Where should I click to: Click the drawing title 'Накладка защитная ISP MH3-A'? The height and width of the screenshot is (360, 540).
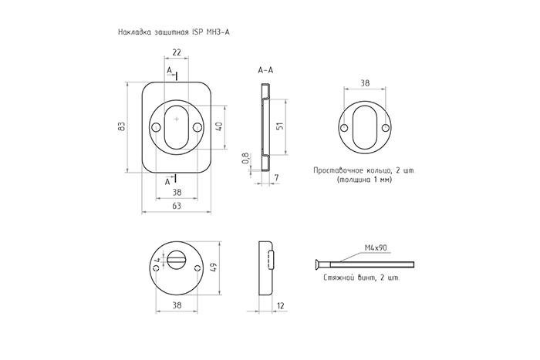[x=174, y=32]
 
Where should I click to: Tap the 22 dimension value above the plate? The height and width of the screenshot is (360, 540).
[x=177, y=52]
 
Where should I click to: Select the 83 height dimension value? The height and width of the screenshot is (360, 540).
[x=121, y=126]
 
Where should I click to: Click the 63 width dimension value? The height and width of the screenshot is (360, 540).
[x=177, y=206]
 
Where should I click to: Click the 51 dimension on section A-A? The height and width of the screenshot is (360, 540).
[x=280, y=126]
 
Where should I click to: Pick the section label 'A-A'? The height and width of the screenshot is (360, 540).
[x=265, y=70]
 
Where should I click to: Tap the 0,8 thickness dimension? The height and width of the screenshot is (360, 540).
[x=245, y=157]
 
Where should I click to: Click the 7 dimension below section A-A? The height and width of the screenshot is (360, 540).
[x=276, y=178]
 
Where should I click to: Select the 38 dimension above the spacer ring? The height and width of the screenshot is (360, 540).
[x=365, y=83]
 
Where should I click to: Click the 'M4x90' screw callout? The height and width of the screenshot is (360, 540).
[x=376, y=247]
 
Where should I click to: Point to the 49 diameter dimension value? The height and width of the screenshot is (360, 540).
[x=213, y=267]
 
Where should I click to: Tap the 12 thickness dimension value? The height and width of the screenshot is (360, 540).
[x=281, y=305]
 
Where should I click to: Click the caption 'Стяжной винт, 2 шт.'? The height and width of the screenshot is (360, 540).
[x=362, y=278]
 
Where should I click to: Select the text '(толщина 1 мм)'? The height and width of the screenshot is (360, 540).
[x=365, y=180]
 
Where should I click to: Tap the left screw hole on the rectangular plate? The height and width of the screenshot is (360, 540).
[x=156, y=127]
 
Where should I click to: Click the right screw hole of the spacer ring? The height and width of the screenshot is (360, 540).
[x=386, y=128]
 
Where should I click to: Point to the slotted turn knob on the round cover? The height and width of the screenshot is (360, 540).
[x=177, y=259]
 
